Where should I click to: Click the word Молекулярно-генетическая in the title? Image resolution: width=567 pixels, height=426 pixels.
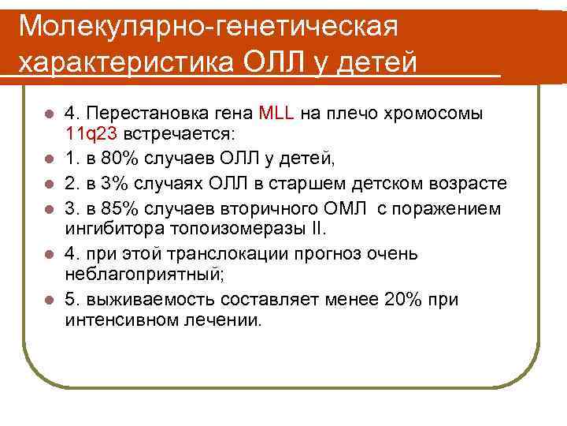[x=208, y=26]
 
